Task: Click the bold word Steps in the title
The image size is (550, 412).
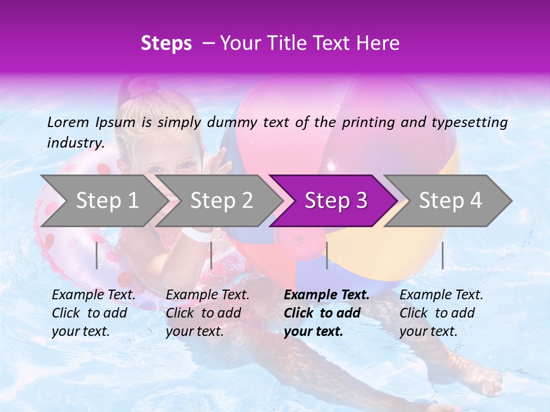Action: tap(166, 43)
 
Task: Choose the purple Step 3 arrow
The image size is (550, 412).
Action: tap(336, 200)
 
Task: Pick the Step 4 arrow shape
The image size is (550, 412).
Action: tap(450, 200)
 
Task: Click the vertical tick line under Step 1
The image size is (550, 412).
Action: tap(97, 255)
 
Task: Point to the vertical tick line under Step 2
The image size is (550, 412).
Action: tap(211, 255)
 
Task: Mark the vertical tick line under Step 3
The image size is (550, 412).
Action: tap(327, 255)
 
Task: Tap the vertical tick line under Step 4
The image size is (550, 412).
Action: tap(443, 255)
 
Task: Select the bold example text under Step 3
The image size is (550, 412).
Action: tap(326, 313)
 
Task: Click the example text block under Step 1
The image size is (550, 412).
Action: tap(93, 313)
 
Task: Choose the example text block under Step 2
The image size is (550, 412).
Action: tap(207, 313)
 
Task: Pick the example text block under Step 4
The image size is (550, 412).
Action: tap(441, 313)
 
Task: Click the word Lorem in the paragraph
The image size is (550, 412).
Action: tap(68, 122)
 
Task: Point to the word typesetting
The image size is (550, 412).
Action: tap(466, 122)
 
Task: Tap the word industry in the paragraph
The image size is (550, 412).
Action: tap(75, 143)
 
